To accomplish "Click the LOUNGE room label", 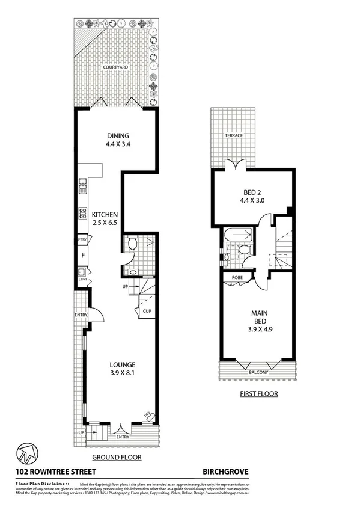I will coord(122,364).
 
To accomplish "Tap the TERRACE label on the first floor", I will coord(234,135).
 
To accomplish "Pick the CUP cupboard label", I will coord(147,312).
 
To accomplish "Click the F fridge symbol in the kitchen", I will coord(83,255).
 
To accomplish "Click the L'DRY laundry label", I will coord(82,278).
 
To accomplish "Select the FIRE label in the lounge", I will coord(147,414).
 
